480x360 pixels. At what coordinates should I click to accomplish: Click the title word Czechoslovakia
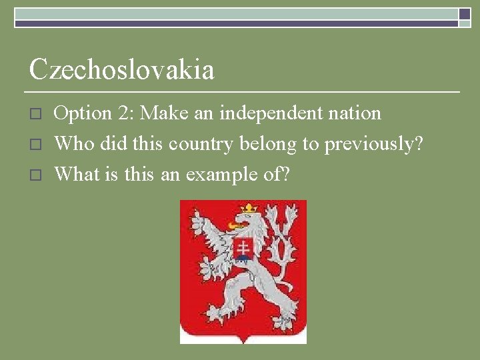click(x=121, y=70)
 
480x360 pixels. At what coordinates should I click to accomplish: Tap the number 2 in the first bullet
click(x=124, y=114)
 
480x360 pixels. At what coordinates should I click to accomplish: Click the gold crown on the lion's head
click(x=249, y=209)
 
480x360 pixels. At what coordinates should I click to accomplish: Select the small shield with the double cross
click(x=243, y=248)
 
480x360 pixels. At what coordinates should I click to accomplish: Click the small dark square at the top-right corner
click(x=465, y=13)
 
